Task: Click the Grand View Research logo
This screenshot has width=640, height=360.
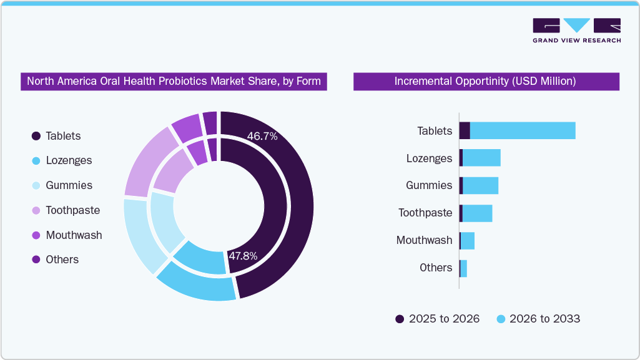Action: pos(576,31)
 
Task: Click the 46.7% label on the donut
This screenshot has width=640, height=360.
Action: pos(262,136)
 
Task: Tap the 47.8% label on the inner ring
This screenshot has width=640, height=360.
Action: pos(242,256)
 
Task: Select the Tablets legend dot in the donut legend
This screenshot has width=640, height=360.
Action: pos(36,136)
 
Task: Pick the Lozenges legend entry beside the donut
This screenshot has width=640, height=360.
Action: pos(62,160)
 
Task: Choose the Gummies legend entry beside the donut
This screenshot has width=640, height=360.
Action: pos(62,185)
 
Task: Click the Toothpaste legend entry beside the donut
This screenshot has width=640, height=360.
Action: pos(66,210)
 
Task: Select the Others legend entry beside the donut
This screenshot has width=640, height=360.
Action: pos(55,260)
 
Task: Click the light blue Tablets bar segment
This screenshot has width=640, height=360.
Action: pos(522,130)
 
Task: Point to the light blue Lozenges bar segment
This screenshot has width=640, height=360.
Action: pos(481,158)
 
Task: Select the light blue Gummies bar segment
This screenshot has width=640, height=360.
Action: pos(480,185)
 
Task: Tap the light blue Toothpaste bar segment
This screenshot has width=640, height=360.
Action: pos(477,213)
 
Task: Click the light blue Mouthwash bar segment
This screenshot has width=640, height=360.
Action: pos(468,240)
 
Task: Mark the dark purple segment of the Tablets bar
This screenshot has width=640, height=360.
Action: pos(465,130)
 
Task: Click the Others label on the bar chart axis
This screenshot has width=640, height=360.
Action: pos(435,268)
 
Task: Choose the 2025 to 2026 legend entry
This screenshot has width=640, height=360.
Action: pos(437,319)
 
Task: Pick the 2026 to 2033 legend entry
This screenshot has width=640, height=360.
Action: pos(538,319)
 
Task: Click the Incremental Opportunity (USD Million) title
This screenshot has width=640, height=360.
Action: pos(486,81)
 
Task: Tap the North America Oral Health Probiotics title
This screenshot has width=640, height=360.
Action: pos(174,81)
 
